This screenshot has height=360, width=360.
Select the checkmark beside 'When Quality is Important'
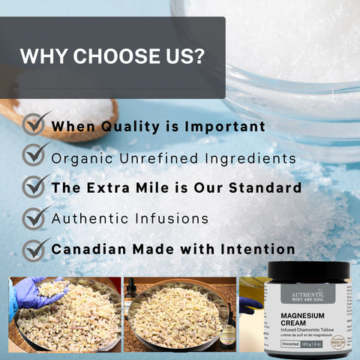click(x=35, y=125)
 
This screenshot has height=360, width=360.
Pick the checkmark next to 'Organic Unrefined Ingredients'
click(x=35, y=156)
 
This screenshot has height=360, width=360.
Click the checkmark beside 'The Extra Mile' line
click(x=35, y=187)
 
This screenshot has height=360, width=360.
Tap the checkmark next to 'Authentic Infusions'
click(x=35, y=217)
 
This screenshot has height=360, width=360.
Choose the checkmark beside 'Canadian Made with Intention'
click(x=35, y=248)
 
